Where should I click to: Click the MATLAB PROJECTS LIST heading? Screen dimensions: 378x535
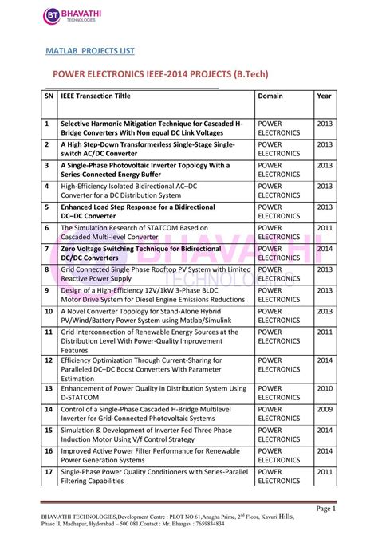click(x=89, y=50)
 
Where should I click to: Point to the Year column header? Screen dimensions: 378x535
click(x=324, y=96)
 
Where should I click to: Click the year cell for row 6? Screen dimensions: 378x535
click(x=325, y=228)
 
